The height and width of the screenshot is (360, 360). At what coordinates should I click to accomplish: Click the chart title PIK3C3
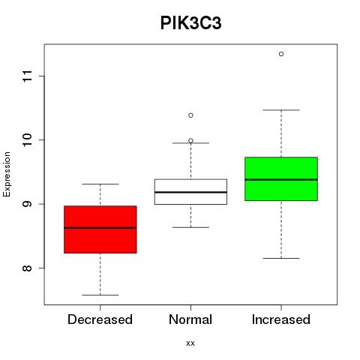pyautogui.click(x=190, y=23)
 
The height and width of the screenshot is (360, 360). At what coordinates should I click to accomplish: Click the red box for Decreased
pyautogui.click(x=100, y=229)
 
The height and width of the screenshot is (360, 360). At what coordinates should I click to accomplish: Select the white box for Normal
pyautogui.click(x=190, y=192)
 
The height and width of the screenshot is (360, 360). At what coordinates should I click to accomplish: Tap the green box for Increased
pyautogui.click(x=281, y=178)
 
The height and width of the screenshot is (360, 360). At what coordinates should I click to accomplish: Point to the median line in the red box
pyautogui.click(x=100, y=228)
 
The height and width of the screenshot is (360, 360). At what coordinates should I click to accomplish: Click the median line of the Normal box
pyautogui.click(x=190, y=192)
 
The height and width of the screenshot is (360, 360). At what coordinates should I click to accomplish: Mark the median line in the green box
pyautogui.click(x=281, y=179)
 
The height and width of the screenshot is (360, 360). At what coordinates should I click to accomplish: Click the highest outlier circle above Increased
pyautogui.click(x=281, y=54)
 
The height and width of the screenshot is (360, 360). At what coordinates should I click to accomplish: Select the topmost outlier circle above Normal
pyautogui.click(x=190, y=115)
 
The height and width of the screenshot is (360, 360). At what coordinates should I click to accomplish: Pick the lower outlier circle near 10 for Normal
pyautogui.click(x=190, y=140)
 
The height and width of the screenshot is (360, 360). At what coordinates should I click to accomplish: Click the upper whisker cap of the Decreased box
pyautogui.click(x=100, y=184)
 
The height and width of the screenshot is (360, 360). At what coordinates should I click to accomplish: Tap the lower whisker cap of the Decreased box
pyautogui.click(x=100, y=295)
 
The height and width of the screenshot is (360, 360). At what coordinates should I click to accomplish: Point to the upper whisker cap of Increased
pyautogui.click(x=281, y=110)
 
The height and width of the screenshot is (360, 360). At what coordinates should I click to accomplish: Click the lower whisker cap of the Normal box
pyautogui.click(x=190, y=227)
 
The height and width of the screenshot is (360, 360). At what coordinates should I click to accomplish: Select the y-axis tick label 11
pyautogui.click(x=27, y=76)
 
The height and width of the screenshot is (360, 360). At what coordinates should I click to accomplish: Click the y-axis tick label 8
pyautogui.click(x=27, y=268)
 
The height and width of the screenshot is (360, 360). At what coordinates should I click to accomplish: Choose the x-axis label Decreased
pyautogui.click(x=100, y=319)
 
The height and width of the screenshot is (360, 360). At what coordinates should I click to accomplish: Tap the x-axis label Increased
pyautogui.click(x=281, y=319)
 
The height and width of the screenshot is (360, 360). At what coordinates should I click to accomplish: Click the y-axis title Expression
pyautogui.click(x=7, y=174)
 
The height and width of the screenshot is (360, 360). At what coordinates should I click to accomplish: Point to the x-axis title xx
pyautogui.click(x=190, y=343)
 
